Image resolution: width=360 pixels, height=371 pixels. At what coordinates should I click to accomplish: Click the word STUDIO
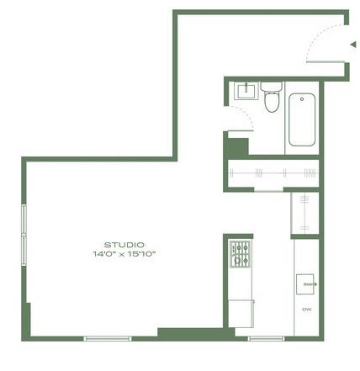pos(124,245)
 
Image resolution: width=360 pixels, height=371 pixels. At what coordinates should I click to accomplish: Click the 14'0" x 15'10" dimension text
pos(124,254)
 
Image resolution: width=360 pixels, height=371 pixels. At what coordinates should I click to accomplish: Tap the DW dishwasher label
pos(307,310)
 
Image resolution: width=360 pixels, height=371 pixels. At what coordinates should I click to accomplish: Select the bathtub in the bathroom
pos(302,119)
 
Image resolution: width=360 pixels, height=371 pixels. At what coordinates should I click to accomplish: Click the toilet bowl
pos(272,103)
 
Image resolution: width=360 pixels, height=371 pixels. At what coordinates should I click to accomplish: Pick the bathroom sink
pos(246,90)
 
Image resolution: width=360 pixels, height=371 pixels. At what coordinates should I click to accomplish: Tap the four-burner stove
pos(240,254)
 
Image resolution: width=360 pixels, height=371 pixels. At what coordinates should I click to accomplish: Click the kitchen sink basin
pos(305,284)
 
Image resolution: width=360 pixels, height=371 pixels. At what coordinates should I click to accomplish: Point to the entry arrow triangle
pos(353,45)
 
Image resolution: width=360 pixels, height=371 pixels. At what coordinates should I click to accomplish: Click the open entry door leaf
pos(326,61)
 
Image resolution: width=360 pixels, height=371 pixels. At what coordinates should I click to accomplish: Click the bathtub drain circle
pos(302,99)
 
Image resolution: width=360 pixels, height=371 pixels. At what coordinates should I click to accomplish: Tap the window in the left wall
pos(24,235)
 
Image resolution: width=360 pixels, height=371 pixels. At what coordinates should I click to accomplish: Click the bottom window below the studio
pos(108,338)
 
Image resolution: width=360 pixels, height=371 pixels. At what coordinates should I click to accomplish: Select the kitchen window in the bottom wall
pos(266,338)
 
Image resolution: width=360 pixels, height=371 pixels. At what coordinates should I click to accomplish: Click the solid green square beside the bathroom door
pos(237,147)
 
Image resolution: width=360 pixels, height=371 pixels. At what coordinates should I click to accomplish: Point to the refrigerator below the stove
pos(241,314)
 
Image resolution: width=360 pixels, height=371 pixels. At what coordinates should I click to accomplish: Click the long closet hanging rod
pos(273,173)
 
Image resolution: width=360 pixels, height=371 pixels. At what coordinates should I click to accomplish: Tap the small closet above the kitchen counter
pos(305,213)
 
